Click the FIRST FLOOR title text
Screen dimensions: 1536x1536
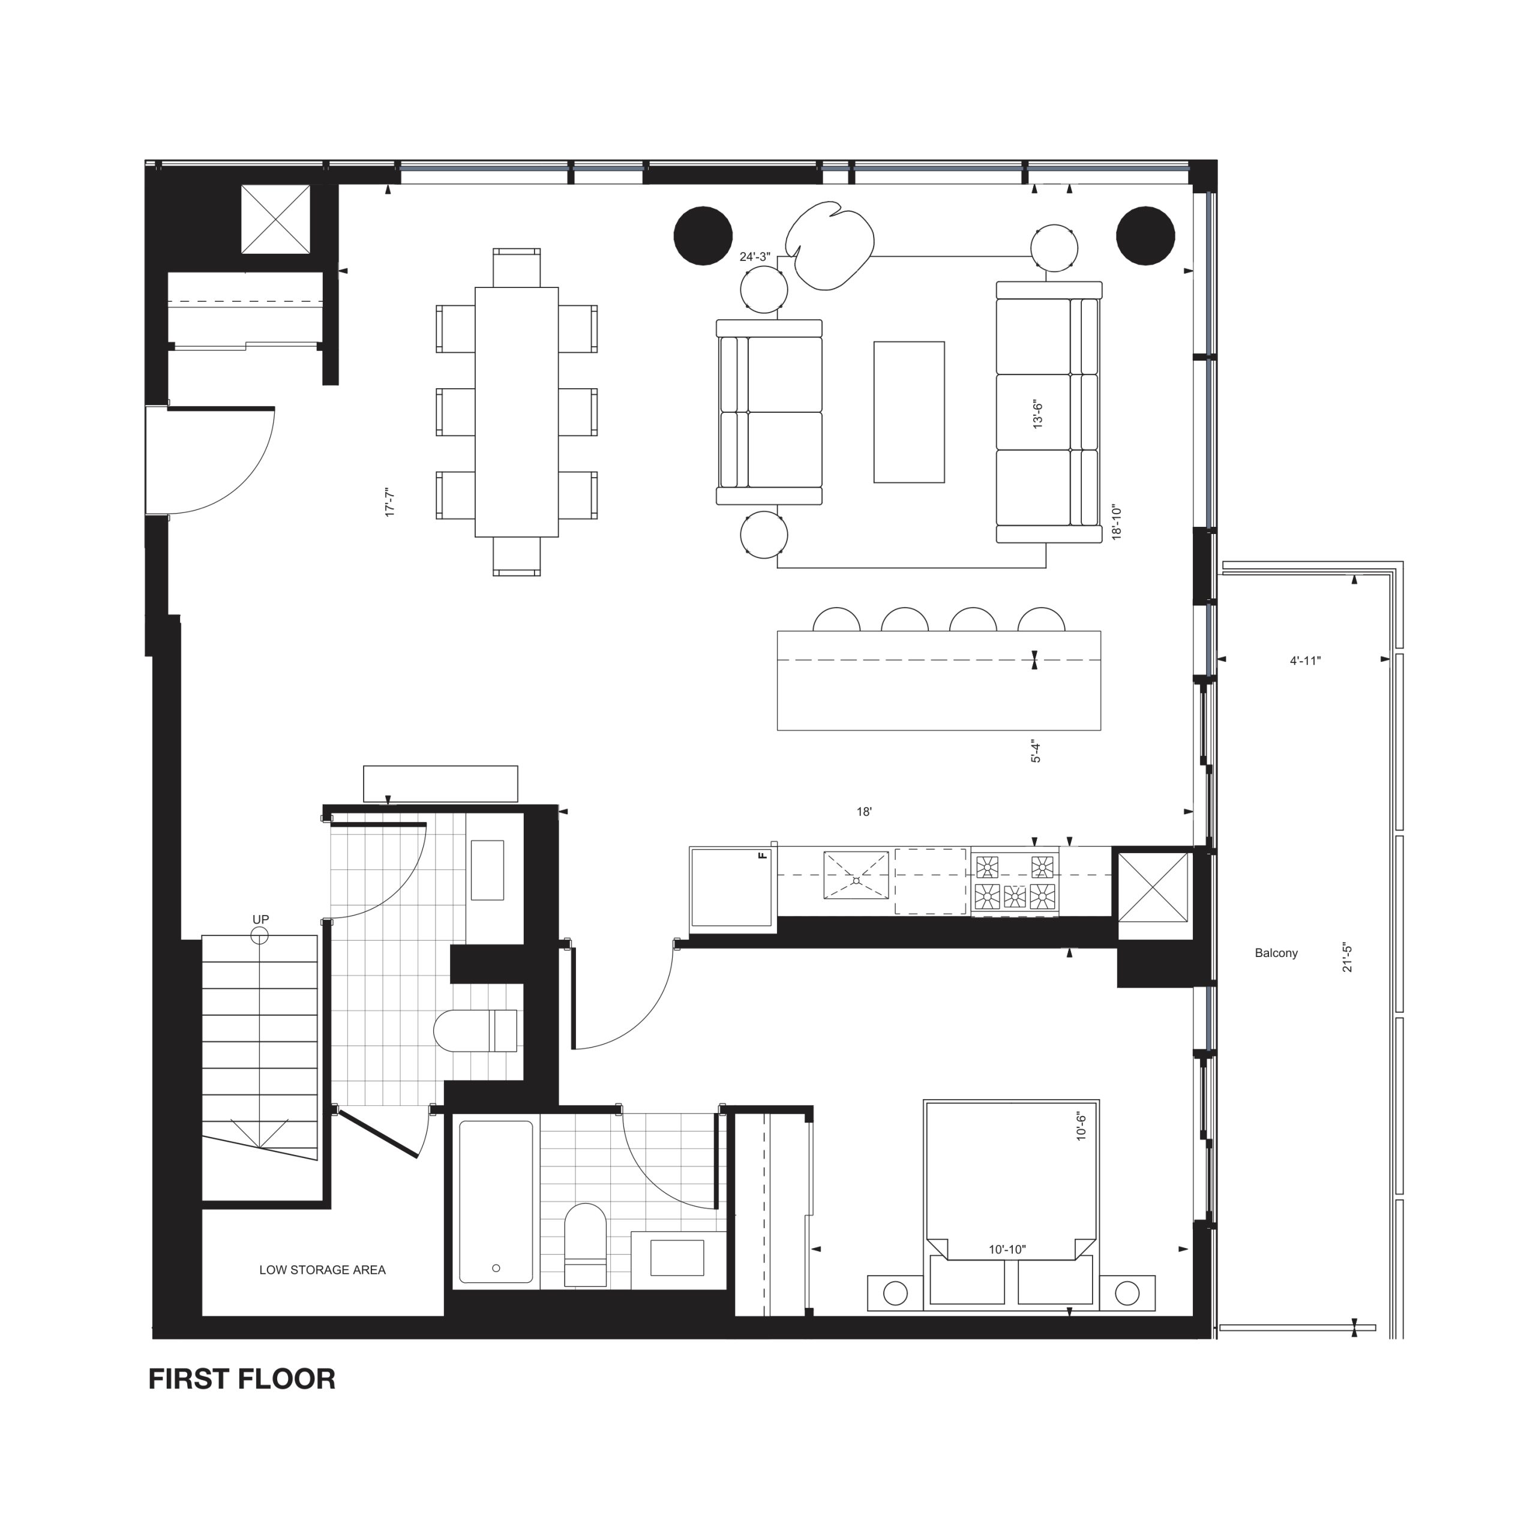(242, 1379)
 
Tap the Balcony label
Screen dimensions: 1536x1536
(1276, 953)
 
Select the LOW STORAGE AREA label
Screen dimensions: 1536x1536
(322, 1270)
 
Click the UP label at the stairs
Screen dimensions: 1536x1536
(261, 920)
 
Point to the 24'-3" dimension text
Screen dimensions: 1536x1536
(755, 257)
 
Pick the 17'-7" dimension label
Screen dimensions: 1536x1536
(389, 502)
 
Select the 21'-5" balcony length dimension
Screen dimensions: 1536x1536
(1348, 959)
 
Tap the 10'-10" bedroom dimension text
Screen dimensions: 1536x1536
(1007, 1250)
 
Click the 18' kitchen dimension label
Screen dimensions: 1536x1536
(864, 812)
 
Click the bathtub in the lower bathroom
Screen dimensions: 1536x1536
(496, 1202)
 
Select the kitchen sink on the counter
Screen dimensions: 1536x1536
(856, 875)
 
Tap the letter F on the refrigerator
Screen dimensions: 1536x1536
(763, 856)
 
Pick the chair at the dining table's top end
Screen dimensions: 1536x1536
(517, 268)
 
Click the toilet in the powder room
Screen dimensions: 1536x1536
(475, 1030)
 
